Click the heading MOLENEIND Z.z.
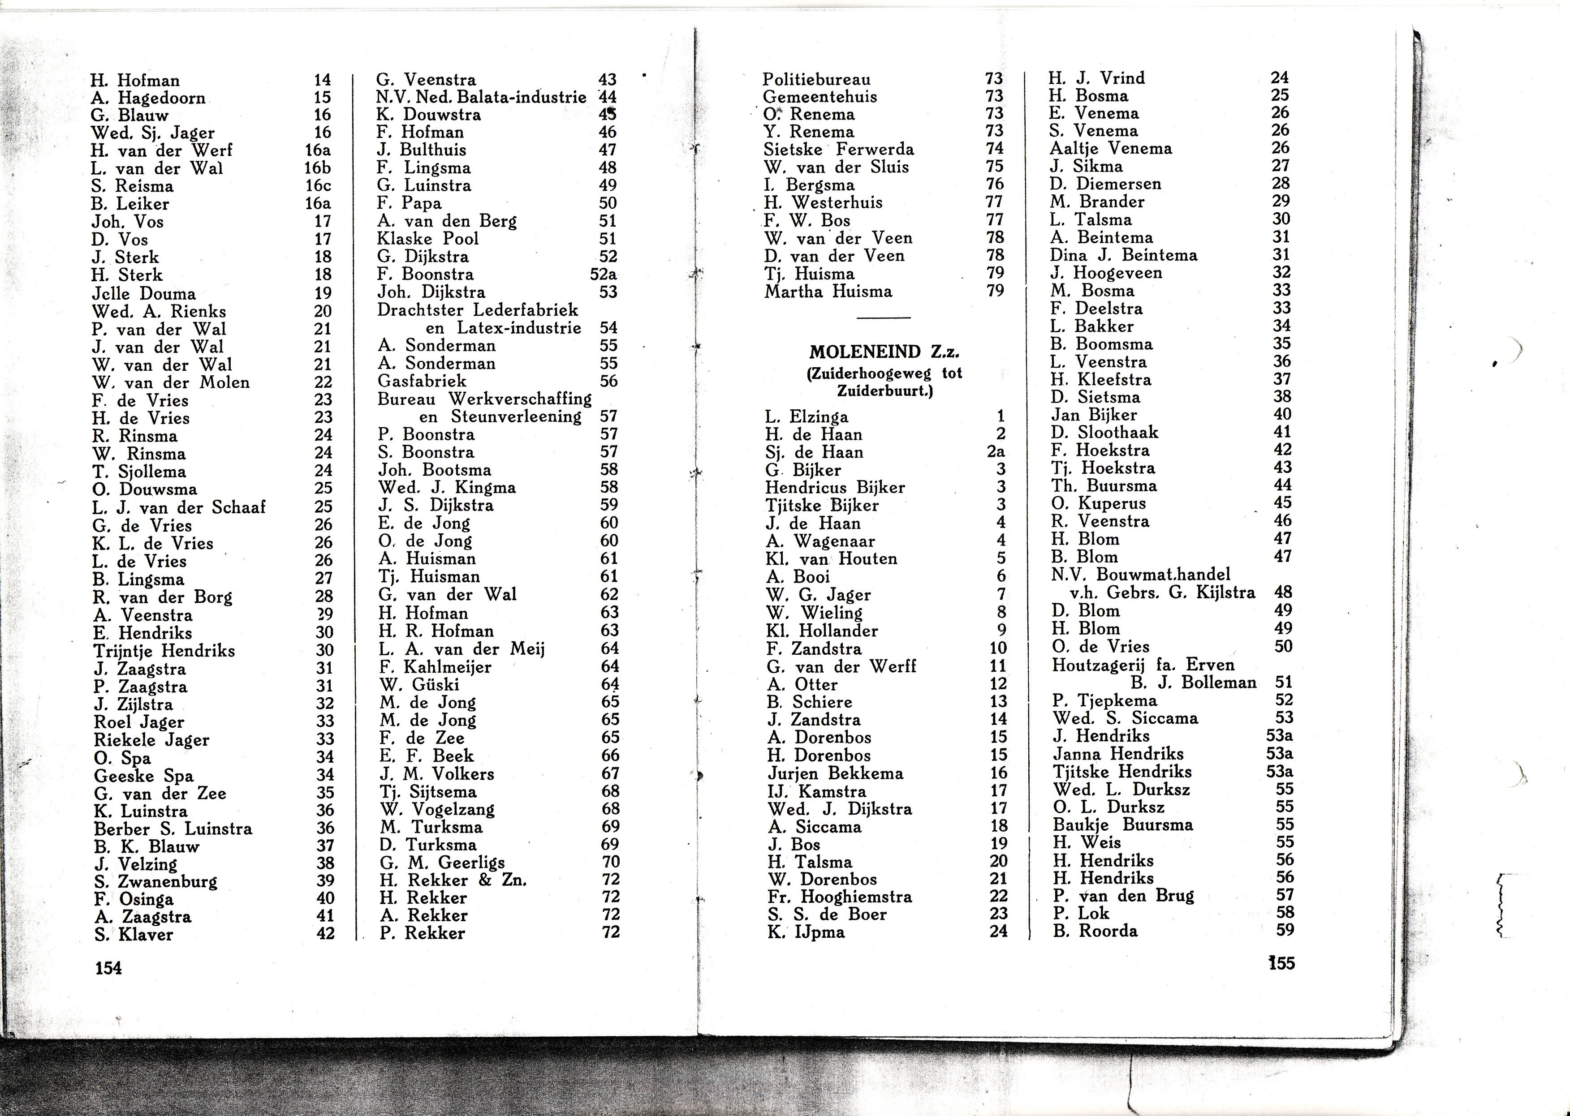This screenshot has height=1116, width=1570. tap(884, 352)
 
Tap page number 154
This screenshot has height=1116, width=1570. tap(108, 968)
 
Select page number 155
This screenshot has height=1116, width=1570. tap(1281, 963)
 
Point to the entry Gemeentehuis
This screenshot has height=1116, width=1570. tap(820, 97)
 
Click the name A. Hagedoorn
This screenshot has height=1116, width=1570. tap(148, 98)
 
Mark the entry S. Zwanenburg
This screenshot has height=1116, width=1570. tap(156, 882)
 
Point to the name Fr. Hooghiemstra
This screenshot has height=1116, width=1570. tap(839, 897)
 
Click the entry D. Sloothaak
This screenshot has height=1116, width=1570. tap(1104, 432)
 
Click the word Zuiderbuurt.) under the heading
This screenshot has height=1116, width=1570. tap(884, 392)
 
